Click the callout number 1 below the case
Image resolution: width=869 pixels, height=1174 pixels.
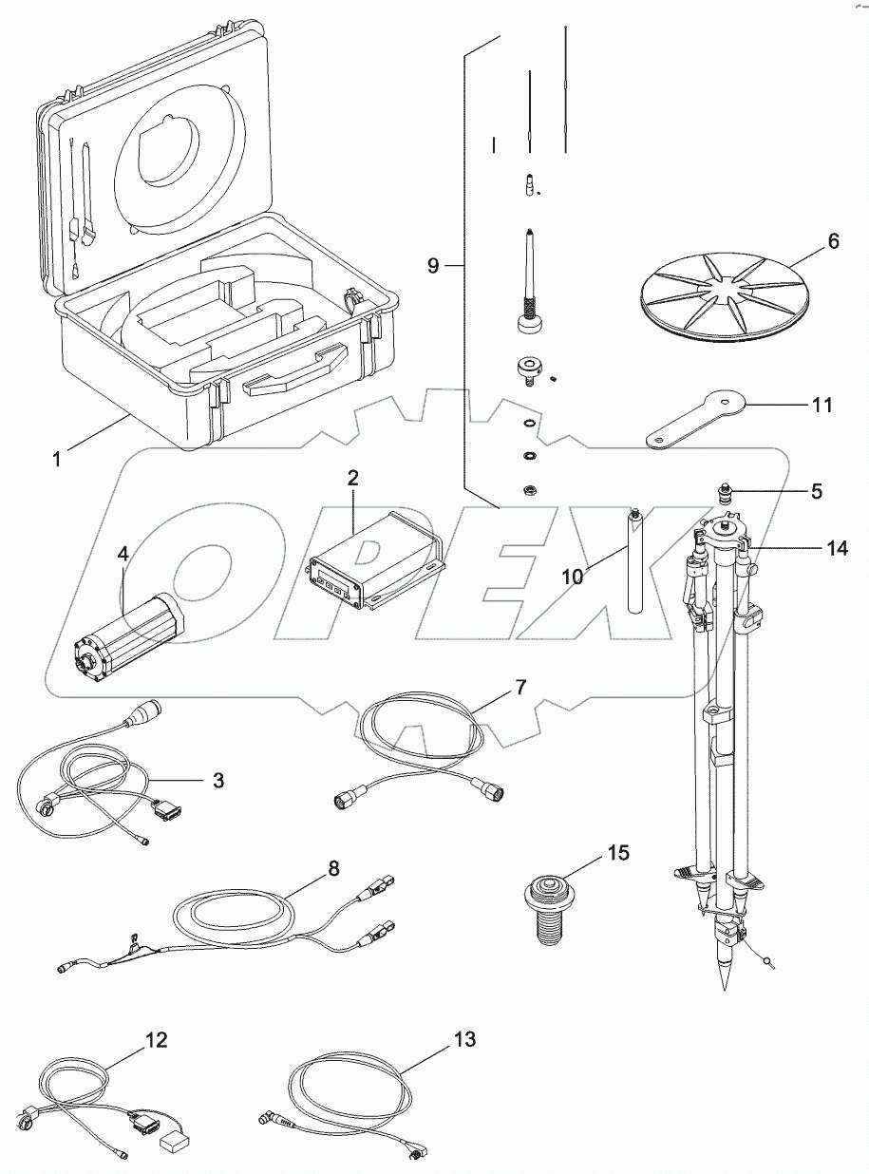[x=57, y=459]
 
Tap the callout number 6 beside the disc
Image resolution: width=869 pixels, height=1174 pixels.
[x=832, y=241]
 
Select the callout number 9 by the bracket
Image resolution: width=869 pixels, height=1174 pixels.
[x=433, y=266]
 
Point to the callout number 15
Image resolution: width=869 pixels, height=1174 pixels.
[x=617, y=853]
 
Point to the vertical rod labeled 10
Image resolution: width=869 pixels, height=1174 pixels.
[x=634, y=564]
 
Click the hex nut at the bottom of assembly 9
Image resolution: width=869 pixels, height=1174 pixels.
[x=528, y=490]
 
